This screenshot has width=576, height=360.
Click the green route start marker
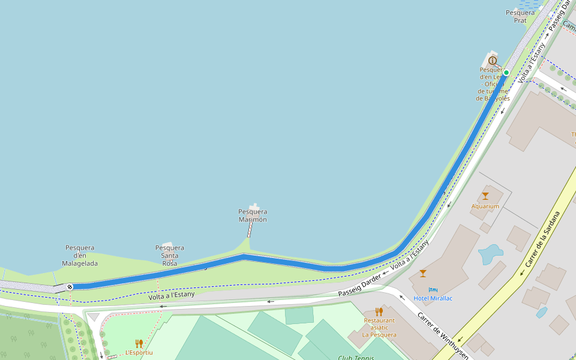[506, 73]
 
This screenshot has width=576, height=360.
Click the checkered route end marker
[70, 287]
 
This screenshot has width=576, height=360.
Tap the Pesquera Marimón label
[253, 215]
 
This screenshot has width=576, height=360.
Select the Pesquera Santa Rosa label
[170, 255]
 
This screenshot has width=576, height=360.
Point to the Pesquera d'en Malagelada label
[80, 255]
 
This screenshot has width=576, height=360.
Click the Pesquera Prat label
[520, 16]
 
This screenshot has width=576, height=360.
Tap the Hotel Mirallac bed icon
[433, 290]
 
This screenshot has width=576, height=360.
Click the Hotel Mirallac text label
[433, 298]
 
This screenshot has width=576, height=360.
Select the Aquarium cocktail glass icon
[485, 196]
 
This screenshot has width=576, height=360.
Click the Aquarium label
[485, 206]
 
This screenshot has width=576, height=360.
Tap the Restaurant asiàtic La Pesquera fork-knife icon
[379, 311]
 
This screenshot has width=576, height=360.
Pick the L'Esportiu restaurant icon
[139, 344]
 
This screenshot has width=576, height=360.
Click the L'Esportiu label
[139, 353]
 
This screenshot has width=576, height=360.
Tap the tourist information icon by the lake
[493, 60]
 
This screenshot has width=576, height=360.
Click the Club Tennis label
[356, 358]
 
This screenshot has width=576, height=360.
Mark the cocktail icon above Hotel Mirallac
[423, 274]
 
